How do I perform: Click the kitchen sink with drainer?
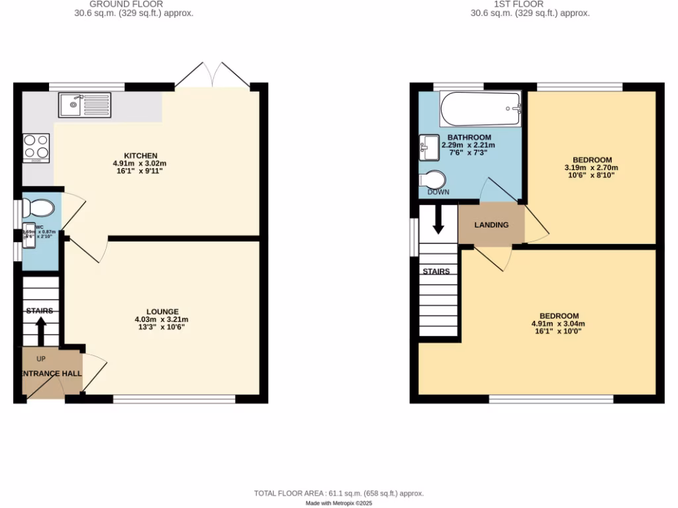[86, 105]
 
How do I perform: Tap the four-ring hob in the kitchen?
[36, 148]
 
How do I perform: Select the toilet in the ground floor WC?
[38, 208]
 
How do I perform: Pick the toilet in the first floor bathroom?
[433, 180]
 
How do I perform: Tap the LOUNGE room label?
[162, 312]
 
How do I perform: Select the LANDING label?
[491, 225]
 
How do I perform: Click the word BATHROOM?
[469, 138]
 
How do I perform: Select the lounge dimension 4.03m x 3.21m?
[162, 319]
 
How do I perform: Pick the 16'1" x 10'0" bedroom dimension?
[558, 332]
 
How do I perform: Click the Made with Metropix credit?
[338, 503]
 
